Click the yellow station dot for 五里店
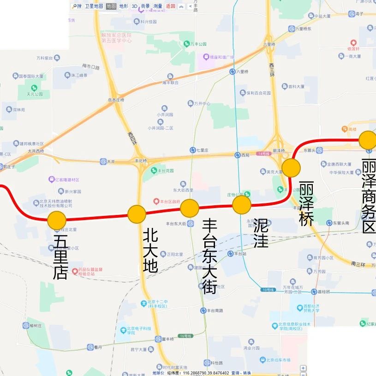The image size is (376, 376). pyautogui.click(x=57, y=220)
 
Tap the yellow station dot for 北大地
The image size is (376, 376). pyautogui.click(x=137, y=214)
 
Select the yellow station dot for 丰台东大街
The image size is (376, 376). pyautogui.click(x=189, y=209)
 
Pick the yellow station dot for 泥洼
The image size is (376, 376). pyautogui.click(x=241, y=205)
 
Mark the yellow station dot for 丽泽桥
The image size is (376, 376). pyautogui.click(x=291, y=168)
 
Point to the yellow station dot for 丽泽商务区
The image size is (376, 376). pyautogui.click(x=368, y=140)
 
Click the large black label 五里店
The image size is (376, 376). pyautogui.click(x=60, y=257)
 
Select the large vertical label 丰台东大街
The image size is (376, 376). pyautogui.click(x=209, y=257)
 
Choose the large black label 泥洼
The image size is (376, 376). pyautogui.click(x=261, y=233)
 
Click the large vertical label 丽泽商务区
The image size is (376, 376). pyautogui.click(x=369, y=197)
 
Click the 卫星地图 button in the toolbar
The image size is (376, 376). pyautogui.click(x=94, y=6)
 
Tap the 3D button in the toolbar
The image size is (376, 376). pyautogui.click(x=134, y=6)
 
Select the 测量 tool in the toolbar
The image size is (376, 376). pyautogui.click(x=158, y=6)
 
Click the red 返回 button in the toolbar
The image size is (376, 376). pyautogui.click(x=171, y=6)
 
